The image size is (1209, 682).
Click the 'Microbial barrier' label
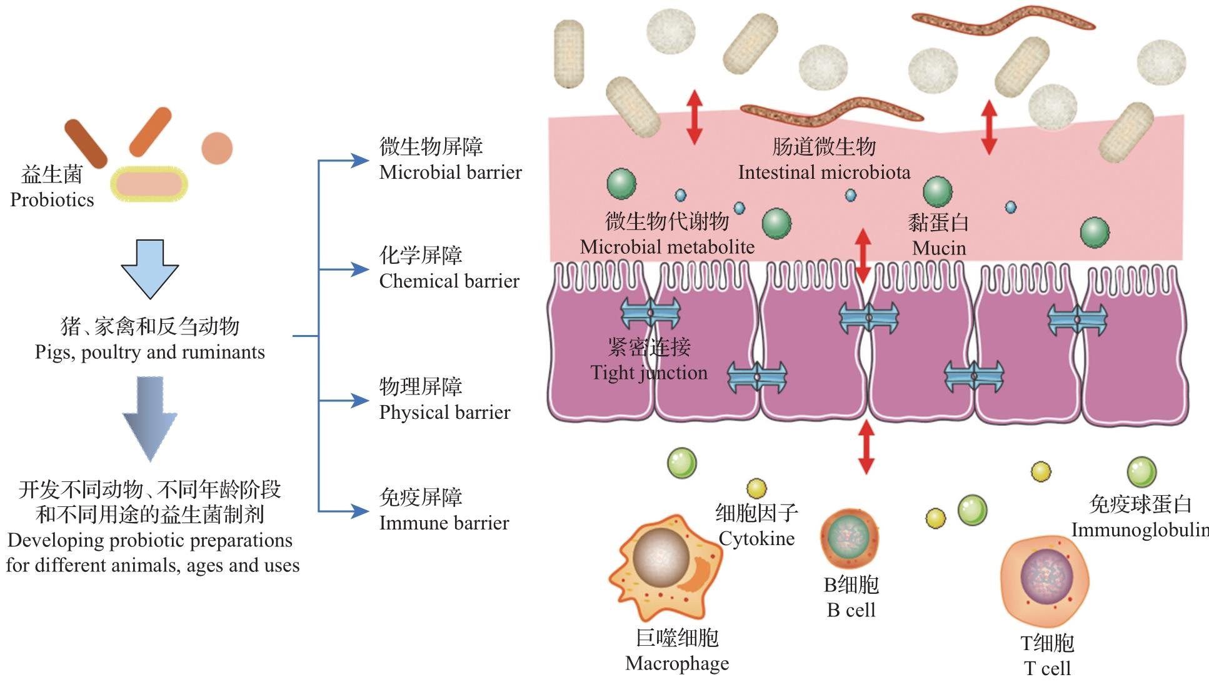click(450, 173)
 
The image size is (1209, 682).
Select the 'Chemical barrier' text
click(449, 281)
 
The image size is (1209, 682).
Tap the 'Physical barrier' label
click(444, 413)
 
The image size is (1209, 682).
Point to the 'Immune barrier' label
click(444, 523)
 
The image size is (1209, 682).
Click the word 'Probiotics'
click(52, 200)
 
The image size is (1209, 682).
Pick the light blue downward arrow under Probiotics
click(150, 269)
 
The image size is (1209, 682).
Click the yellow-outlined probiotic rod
click(149, 184)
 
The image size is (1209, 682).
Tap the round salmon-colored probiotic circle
click(217, 148)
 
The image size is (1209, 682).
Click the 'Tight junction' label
click(649, 373)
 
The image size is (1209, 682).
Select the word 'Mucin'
click(939, 248)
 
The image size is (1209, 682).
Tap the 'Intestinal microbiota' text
click(824, 173)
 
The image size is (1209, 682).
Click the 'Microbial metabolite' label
click(667, 247)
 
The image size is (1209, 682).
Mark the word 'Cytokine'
click(756, 539)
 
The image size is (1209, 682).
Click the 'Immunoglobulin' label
click(1139, 530)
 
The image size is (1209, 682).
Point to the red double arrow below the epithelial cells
click(866, 448)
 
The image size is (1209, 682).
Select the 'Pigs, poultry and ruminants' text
click(150, 353)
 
